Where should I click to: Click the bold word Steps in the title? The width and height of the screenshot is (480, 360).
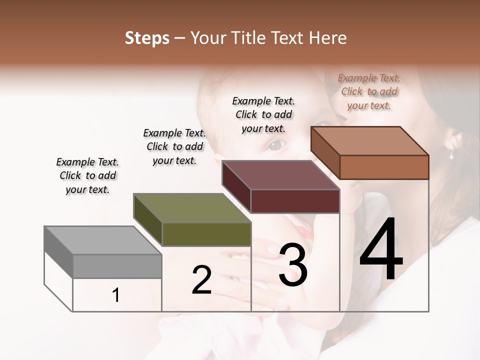click(x=147, y=38)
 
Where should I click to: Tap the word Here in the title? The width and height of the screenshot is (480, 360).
click(x=328, y=38)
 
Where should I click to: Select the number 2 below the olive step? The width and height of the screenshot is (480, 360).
click(x=201, y=280)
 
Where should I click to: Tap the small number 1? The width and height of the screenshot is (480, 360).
click(x=116, y=295)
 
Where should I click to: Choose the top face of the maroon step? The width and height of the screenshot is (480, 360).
click(x=281, y=175)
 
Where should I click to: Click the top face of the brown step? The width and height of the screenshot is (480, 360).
click(x=370, y=141)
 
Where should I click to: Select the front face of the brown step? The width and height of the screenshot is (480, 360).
click(x=384, y=167)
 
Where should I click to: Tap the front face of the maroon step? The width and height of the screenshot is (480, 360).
click(x=295, y=201)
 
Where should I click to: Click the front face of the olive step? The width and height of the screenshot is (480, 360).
click(x=206, y=234)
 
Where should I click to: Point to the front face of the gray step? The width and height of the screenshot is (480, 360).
click(x=117, y=266)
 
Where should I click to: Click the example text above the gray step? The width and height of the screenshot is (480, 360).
click(x=87, y=175)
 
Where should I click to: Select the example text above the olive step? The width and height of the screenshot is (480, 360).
click(x=174, y=146)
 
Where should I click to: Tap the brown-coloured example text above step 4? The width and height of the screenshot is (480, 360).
click(x=369, y=91)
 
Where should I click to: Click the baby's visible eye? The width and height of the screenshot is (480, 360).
click(x=277, y=144)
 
